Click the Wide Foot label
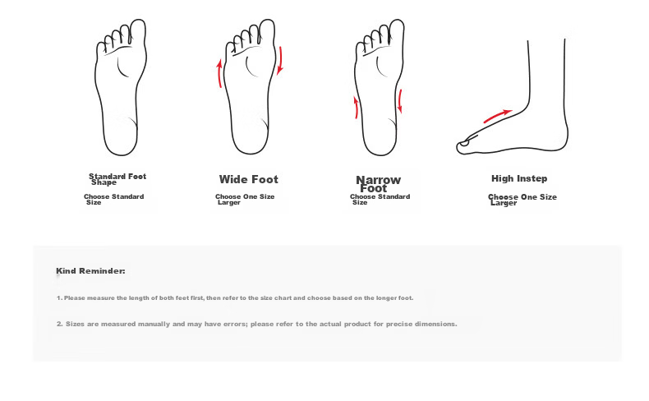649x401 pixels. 248,179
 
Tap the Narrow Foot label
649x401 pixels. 378,184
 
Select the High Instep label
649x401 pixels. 519,178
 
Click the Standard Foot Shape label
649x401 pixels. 117,179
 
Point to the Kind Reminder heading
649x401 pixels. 90,271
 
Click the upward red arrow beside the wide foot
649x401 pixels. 219,74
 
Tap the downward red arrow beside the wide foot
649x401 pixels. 280,61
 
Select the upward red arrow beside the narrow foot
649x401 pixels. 356,108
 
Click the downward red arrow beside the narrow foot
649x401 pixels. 400,101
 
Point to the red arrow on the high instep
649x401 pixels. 498,117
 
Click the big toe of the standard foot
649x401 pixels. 138,31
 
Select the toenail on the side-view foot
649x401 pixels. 464,143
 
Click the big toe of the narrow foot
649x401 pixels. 397,31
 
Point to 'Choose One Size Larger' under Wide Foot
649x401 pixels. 245,200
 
